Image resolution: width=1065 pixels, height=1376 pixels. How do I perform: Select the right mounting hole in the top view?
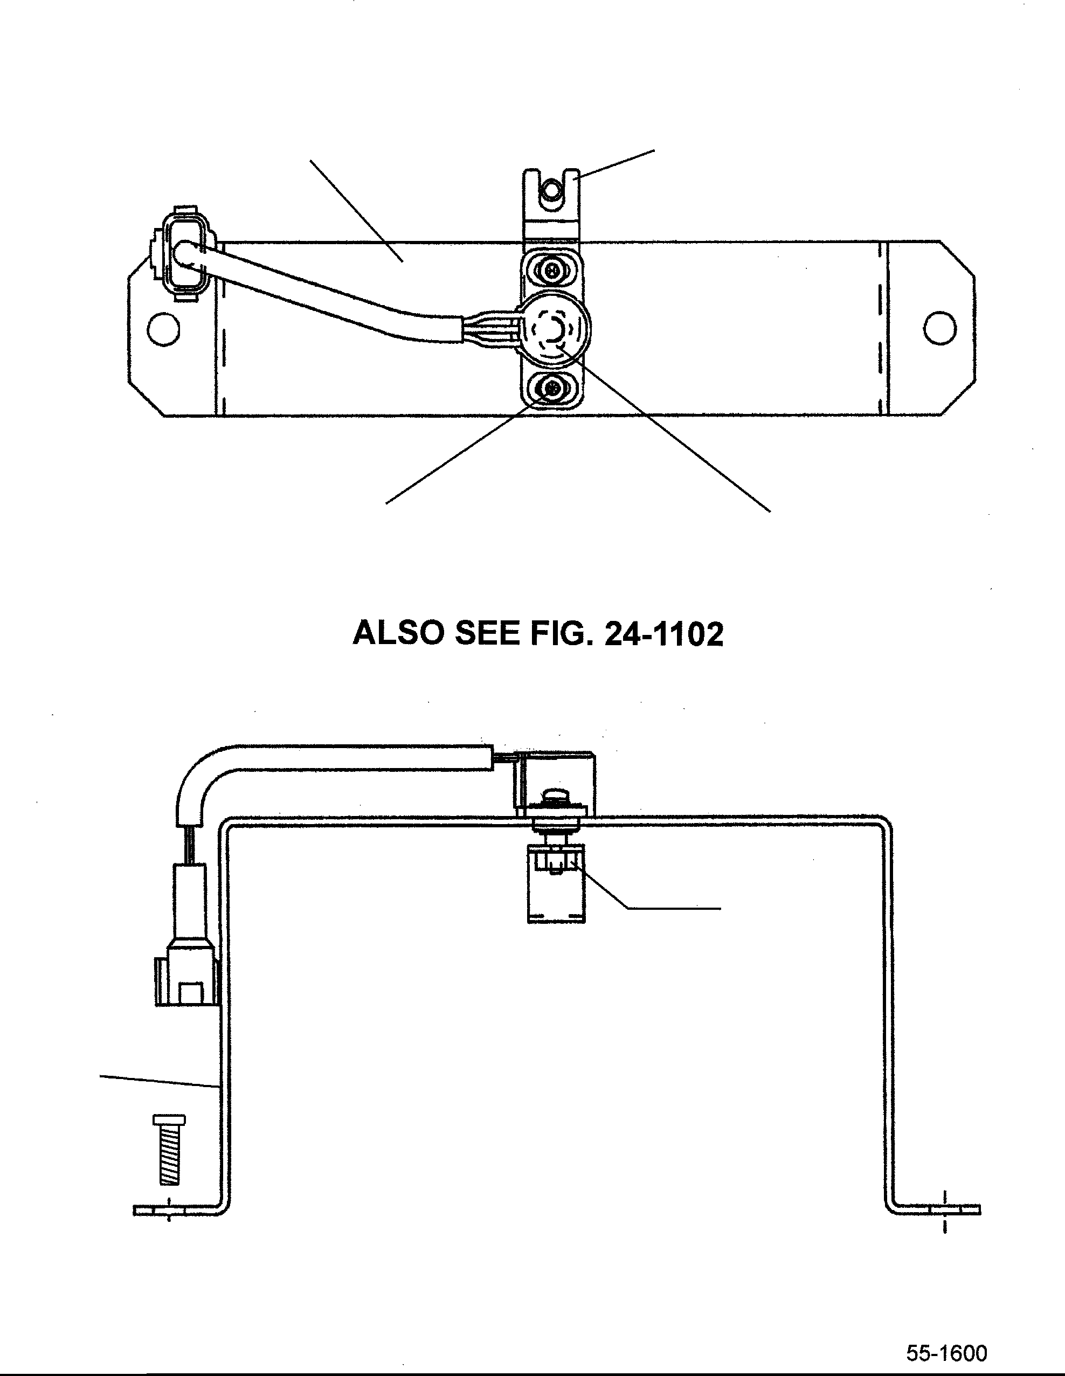(939, 328)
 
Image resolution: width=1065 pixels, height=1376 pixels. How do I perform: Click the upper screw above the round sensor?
(552, 272)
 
